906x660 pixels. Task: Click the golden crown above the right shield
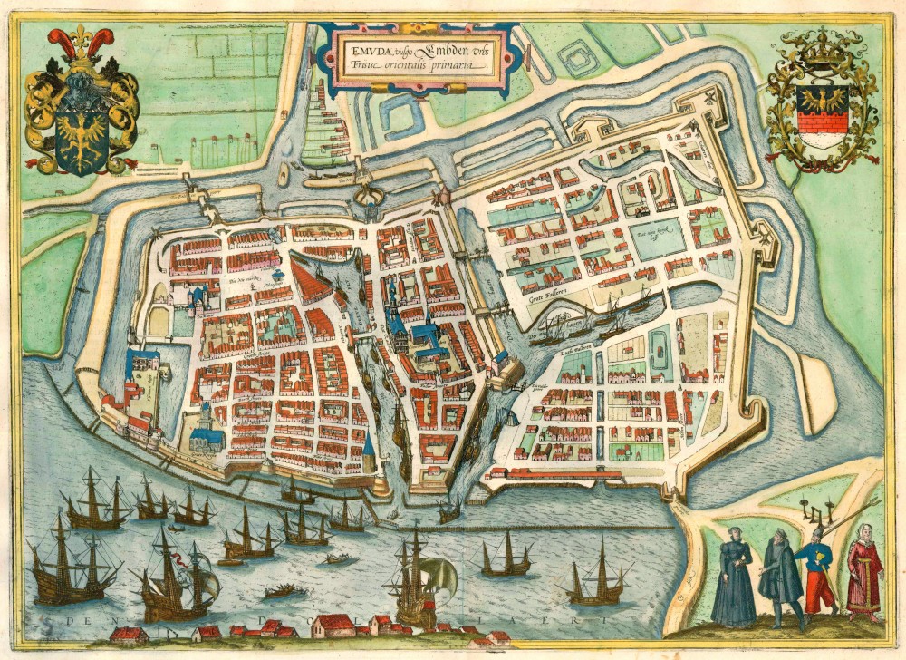[822, 53]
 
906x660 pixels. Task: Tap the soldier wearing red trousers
[818, 575]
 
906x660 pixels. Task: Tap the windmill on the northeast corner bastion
[707, 97]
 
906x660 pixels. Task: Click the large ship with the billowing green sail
[421, 580]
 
